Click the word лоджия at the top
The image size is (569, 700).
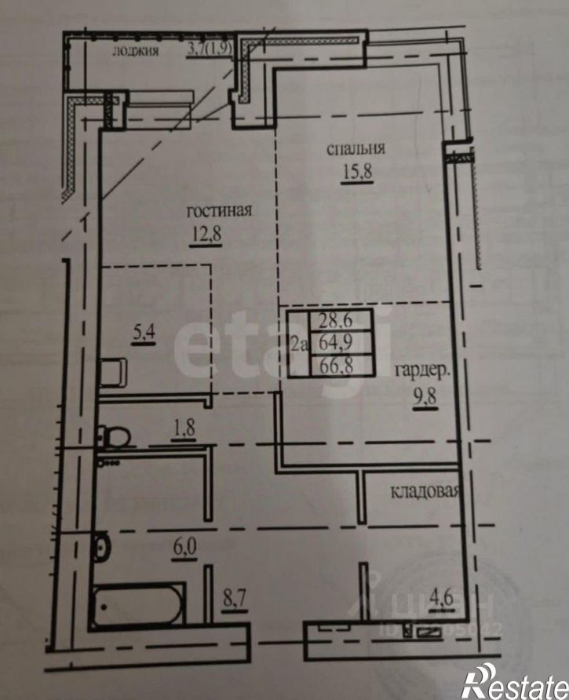click(136, 52)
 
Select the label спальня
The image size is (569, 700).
click(358, 148)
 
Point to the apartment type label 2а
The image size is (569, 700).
click(298, 344)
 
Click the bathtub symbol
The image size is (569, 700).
click(138, 605)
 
